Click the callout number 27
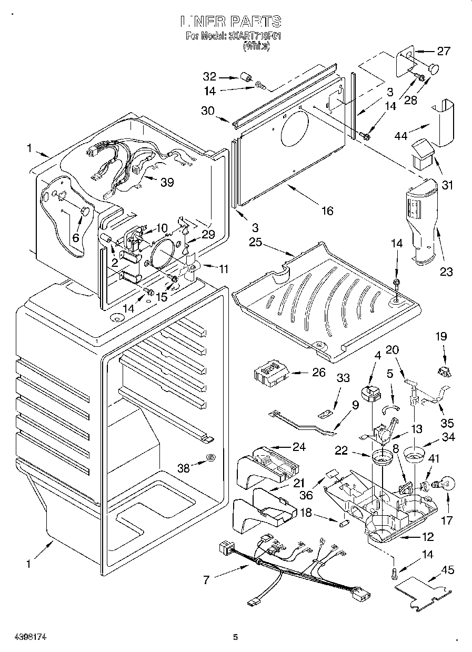[x=444, y=51]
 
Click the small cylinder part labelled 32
[x=244, y=77]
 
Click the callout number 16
[x=327, y=210]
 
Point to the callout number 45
[x=448, y=570]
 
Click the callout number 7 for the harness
[x=206, y=580]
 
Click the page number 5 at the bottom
[x=236, y=638]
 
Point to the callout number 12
[x=427, y=537]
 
